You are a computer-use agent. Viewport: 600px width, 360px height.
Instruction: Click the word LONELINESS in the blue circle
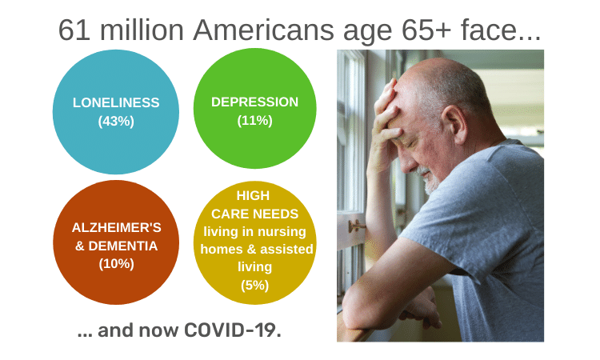pos(116,102)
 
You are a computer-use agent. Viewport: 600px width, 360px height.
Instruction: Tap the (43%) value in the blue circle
pos(116,122)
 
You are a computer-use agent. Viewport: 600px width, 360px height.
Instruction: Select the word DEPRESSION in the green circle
pos(255,102)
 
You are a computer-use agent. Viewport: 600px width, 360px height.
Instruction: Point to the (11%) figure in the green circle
pos(255,121)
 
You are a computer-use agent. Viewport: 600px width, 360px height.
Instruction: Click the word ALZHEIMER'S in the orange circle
pos(116,228)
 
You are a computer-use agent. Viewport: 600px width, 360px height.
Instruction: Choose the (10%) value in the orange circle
pos(116,263)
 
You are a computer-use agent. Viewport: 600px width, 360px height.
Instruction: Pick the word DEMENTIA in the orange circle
pos(123,246)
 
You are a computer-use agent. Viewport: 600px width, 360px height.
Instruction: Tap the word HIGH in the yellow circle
pos(253,195)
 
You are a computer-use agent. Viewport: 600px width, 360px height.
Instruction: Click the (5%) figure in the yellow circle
pos(255,285)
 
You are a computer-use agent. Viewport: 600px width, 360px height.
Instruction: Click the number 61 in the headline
pos(74,30)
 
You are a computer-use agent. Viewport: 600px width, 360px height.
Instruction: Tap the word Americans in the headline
pos(264,30)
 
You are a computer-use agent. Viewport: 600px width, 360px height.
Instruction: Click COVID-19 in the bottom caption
pos(232,330)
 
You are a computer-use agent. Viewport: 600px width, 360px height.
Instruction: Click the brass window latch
pos(356,226)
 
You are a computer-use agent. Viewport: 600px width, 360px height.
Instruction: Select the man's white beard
pos(430,181)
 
